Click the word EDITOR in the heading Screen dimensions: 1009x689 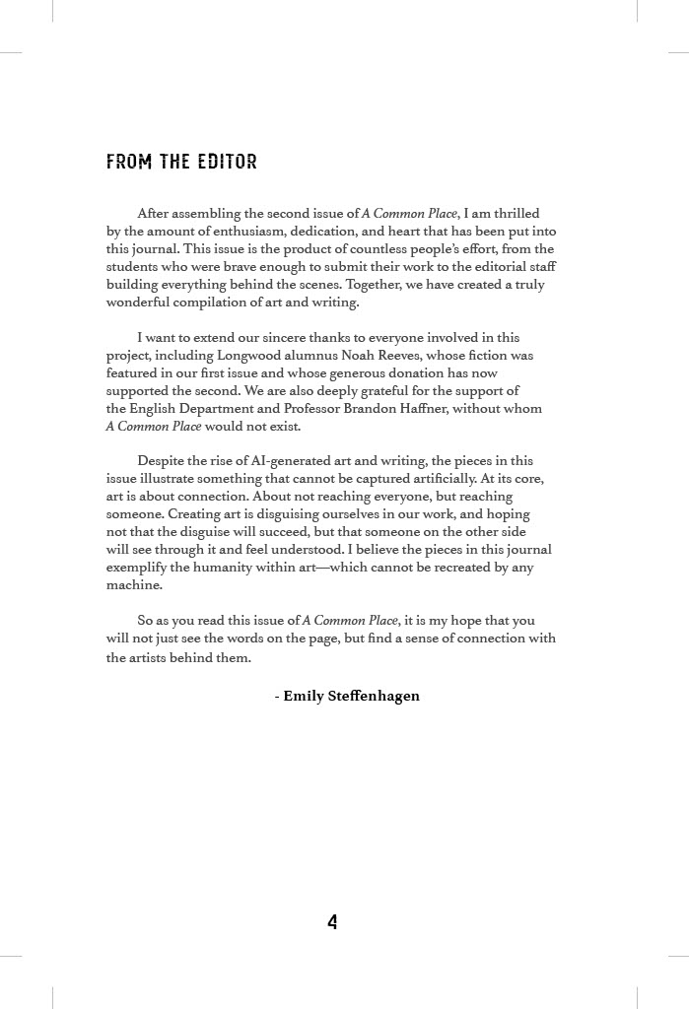(227, 162)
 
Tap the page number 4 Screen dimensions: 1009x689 (332, 922)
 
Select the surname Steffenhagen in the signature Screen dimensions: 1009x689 (367, 696)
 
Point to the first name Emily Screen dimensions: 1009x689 (302, 696)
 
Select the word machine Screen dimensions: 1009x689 (133, 585)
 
